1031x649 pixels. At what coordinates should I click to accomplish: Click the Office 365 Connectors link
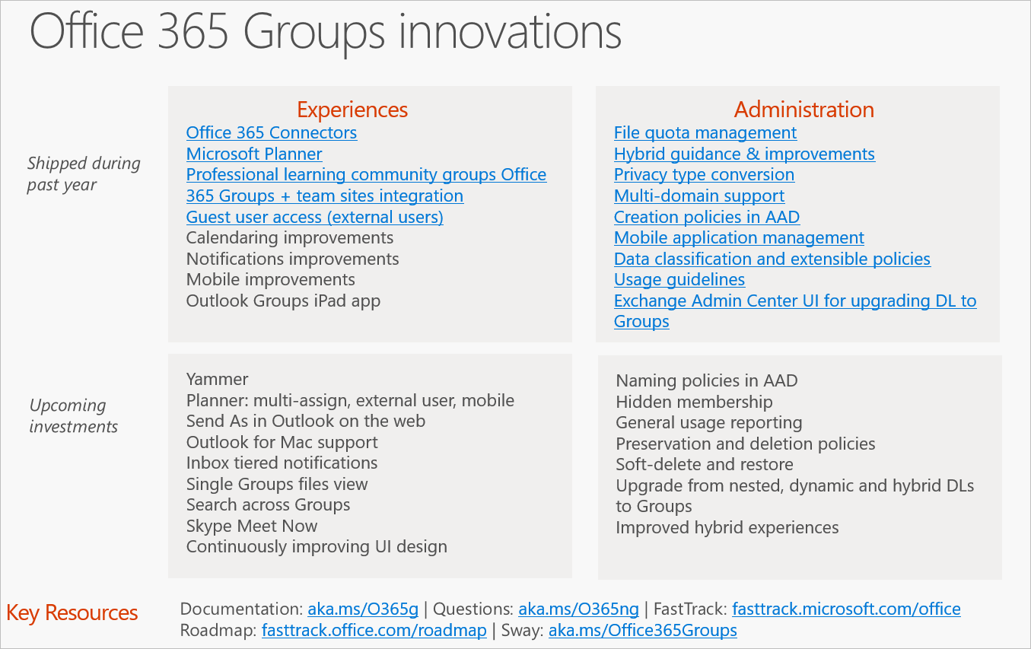[271, 133]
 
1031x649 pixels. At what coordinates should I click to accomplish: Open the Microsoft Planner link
[254, 154]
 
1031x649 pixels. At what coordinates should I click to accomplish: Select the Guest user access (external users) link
[314, 218]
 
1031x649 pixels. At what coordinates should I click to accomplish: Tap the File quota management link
[705, 133]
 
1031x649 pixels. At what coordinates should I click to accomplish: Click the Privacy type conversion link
[704, 175]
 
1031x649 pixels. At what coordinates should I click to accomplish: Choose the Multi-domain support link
[698, 196]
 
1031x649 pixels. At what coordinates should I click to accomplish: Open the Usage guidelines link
[679, 280]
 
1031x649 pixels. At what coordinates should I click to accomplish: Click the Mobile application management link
[739, 238]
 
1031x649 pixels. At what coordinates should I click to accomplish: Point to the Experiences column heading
[352, 110]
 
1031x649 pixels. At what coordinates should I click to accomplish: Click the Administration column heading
[803, 110]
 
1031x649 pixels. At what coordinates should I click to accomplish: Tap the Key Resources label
[72, 613]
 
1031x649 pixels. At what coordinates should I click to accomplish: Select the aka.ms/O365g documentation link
[363, 609]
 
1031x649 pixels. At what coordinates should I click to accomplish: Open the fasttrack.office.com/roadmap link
[374, 631]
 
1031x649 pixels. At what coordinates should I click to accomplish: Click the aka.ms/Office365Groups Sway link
[642, 631]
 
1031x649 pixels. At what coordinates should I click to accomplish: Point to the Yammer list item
[217, 379]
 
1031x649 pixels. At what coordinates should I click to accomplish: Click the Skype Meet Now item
[251, 527]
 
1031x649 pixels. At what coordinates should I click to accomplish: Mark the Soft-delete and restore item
[704, 465]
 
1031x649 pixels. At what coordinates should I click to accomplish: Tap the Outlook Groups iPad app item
[283, 301]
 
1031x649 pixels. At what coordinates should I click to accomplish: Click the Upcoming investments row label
[73, 416]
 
